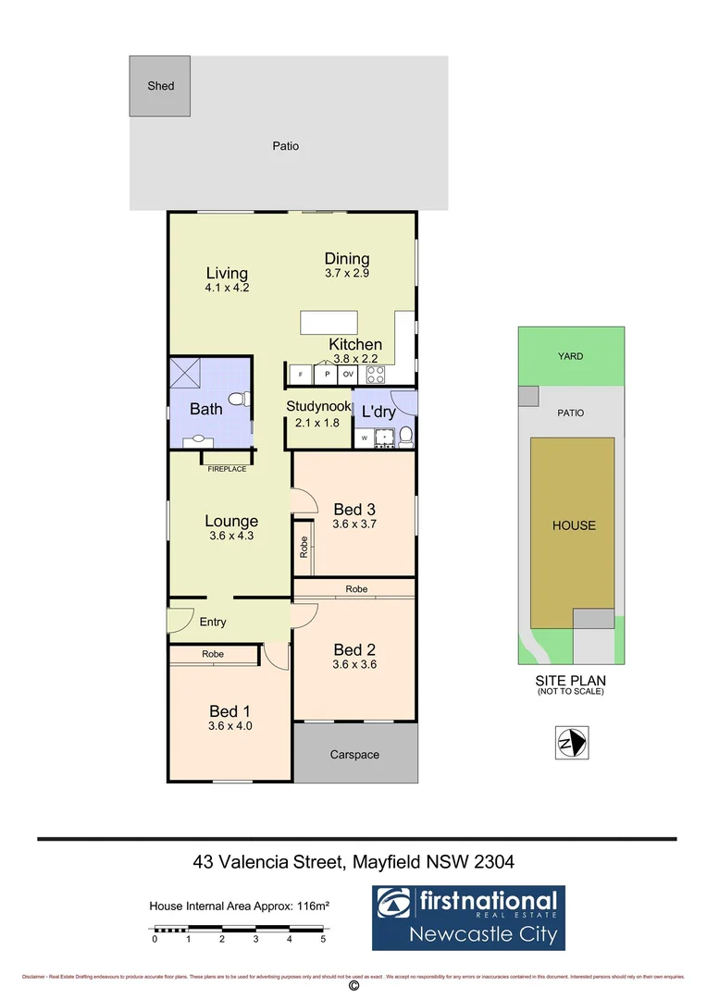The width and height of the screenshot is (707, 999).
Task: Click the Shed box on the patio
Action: [160, 86]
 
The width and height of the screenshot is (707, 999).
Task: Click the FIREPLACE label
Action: [226, 470]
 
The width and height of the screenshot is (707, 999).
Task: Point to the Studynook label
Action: [317, 406]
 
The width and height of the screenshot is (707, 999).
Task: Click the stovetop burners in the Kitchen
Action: [377, 375]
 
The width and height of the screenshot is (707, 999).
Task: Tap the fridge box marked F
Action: [300, 375]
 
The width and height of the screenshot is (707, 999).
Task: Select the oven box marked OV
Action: [349, 375]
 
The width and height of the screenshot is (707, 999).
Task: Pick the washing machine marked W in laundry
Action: [365, 438]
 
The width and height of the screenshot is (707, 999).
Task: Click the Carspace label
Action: [355, 755]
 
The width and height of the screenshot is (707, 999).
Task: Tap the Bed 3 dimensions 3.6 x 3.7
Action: [353, 524]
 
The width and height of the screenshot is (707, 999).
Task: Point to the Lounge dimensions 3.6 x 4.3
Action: [230, 536]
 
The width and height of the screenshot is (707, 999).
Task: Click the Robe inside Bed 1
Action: [212, 655]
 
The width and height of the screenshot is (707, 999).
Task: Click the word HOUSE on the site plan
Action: [574, 525]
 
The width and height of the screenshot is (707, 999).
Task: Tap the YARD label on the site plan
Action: [570, 356]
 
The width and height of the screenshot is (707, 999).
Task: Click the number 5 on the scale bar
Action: [323, 939]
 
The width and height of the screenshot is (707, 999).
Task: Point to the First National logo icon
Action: [395, 905]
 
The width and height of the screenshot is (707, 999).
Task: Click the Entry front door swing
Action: [180, 618]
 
